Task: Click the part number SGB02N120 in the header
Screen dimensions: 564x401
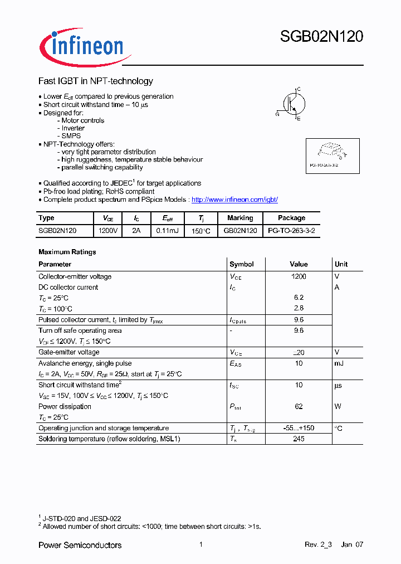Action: pyautogui.click(x=321, y=37)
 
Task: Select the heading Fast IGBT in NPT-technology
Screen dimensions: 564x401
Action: pyautogui.click(x=95, y=81)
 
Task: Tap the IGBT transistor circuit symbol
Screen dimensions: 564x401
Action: pyautogui.click(x=290, y=104)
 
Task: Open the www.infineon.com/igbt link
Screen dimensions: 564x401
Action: pyautogui.click(x=234, y=200)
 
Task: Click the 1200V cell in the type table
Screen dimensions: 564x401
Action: pyautogui.click(x=107, y=230)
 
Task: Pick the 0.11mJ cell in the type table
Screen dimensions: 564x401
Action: pyautogui.click(x=167, y=230)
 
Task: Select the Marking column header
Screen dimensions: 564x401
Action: pyautogui.click(x=240, y=218)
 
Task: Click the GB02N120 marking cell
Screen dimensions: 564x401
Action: pyautogui.click(x=240, y=230)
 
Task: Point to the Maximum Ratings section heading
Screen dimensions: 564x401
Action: pyautogui.click(x=67, y=252)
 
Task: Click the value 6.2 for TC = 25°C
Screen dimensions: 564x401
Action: pyautogui.click(x=299, y=298)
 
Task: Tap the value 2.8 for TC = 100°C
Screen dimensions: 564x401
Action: pyautogui.click(x=299, y=308)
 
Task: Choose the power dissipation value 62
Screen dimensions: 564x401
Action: pyautogui.click(x=299, y=406)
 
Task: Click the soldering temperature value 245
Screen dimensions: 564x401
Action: pyautogui.click(x=299, y=439)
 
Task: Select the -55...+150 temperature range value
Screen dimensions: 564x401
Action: pyautogui.click(x=299, y=428)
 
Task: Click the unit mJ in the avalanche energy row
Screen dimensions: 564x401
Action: pyautogui.click(x=338, y=363)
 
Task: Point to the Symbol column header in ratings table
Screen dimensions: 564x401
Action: pyautogui.click(x=241, y=264)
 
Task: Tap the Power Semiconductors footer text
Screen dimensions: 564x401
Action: pyautogui.click(x=80, y=544)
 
